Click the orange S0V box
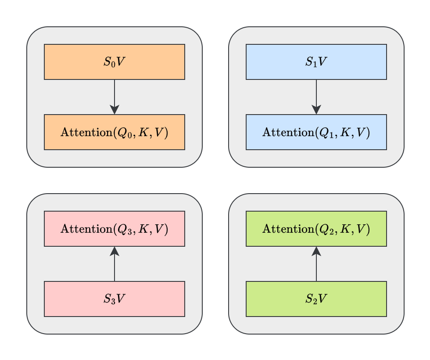[x=115, y=62]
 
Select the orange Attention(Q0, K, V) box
[x=115, y=132]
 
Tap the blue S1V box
[x=316, y=62]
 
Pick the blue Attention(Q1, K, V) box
[x=316, y=132]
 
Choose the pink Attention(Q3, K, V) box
[x=115, y=229]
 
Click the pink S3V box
[x=115, y=299]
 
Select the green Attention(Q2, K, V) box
[x=316, y=229]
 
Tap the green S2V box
[x=316, y=299]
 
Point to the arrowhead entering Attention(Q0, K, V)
[x=115, y=110]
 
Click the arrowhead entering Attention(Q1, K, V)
[x=316, y=110]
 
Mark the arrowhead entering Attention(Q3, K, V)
[x=115, y=251]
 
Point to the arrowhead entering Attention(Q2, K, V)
[x=316, y=251]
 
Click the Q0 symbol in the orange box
[x=124, y=133]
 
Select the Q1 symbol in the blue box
[x=326, y=133]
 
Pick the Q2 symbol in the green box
[x=326, y=229]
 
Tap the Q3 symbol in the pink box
[x=124, y=229]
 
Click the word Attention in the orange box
[x=85, y=132]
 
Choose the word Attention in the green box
[x=287, y=229]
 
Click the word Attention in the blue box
[x=287, y=132]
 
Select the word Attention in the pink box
[x=85, y=229]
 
